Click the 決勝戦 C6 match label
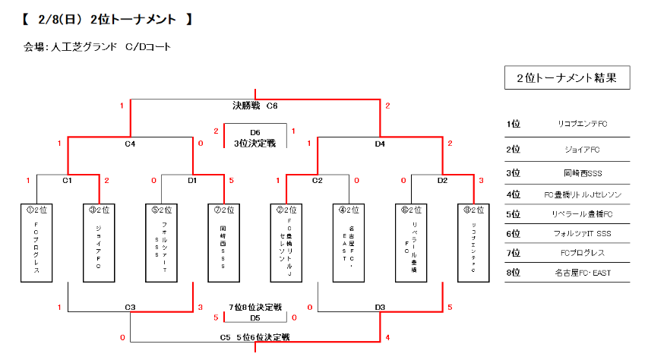(254, 105)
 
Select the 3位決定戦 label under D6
(254, 142)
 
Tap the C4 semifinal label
(130, 143)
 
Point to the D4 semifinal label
(380, 143)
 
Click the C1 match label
(67, 181)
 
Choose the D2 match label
(442, 181)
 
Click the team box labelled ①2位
(36, 242)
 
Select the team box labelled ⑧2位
(473, 242)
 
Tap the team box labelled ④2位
(349, 242)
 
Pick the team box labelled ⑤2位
(161, 242)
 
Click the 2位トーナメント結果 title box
(567, 77)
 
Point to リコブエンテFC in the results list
(582, 124)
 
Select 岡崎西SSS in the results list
(582, 172)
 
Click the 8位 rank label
(514, 272)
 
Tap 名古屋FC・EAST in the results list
(582, 272)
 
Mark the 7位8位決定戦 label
(255, 307)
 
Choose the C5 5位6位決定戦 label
(254, 336)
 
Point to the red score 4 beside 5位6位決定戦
(387, 336)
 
